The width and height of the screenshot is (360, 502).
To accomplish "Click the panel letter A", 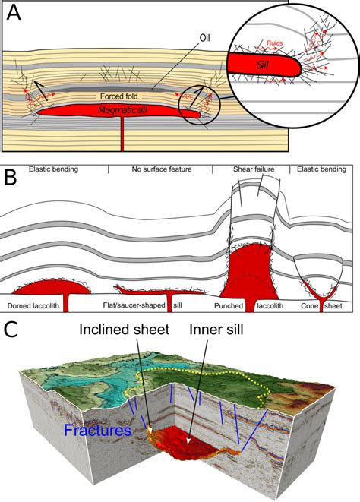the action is (x=14, y=13).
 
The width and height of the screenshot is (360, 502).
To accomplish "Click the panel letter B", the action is (x=11, y=177).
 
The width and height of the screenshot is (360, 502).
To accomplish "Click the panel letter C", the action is (x=11, y=330).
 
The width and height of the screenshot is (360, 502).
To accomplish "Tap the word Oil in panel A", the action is (x=204, y=38).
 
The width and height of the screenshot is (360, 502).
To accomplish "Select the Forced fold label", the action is (x=118, y=96).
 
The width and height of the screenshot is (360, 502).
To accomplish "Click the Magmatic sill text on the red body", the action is (x=123, y=110).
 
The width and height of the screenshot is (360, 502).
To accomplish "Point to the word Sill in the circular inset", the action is (x=263, y=65).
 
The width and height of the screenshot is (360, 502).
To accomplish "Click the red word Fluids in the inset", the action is (x=275, y=43).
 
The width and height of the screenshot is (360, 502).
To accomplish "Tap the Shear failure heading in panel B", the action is (x=254, y=169).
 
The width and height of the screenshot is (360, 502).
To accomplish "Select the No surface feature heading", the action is (x=162, y=169).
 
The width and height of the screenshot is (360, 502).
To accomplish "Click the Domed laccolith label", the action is (x=33, y=306).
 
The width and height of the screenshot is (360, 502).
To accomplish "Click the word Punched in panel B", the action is (x=229, y=306).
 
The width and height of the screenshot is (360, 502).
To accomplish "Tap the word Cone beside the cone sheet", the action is (x=309, y=306).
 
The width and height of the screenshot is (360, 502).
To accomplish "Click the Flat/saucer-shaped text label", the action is (x=134, y=305).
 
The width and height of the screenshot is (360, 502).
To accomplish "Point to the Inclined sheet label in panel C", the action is (x=125, y=330).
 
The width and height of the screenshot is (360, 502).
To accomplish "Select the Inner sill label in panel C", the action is (x=216, y=330).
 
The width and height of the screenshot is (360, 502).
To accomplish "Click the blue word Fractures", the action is (x=98, y=430).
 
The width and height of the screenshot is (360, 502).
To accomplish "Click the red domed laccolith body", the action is (x=52, y=288).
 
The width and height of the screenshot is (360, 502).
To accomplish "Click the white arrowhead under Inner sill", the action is (x=189, y=440).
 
